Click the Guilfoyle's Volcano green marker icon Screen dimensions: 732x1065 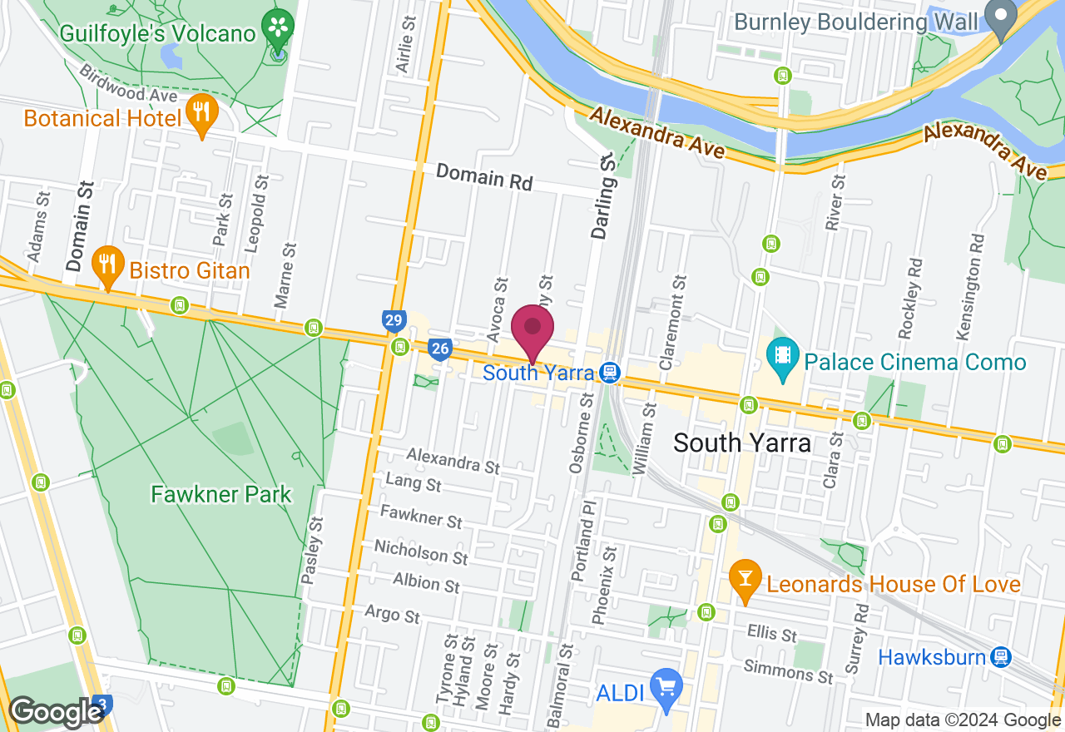click(x=277, y=27)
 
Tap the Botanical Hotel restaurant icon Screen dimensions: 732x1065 click(x=201, y=116)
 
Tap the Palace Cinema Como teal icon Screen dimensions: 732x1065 click(x=782, y=358)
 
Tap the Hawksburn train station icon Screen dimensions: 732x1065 click(x=1000, y=657)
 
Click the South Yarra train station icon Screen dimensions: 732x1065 click(x=611, y=372)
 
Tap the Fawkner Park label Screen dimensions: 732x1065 click(x=221, y=494)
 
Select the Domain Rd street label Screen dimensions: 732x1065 click(x=483, y=176)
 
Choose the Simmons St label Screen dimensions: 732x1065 click(x=788, y=671)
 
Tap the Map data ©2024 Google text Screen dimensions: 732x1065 click(x=963, y=720)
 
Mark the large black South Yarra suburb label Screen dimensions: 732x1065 click(x=742, y=443)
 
